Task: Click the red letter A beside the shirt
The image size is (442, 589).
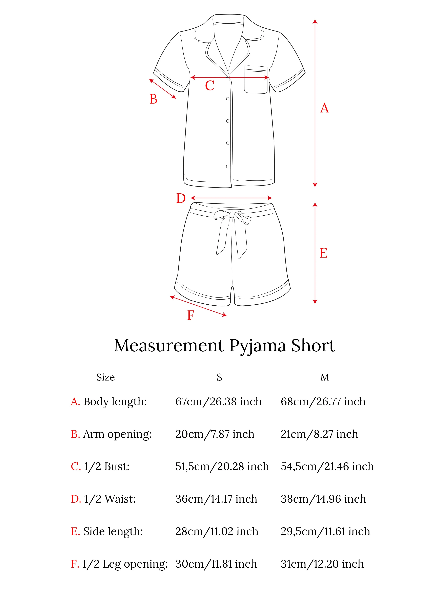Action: click(324, 108)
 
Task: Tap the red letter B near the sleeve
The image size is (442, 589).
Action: click(153, 99)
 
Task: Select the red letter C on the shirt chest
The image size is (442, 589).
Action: click(210, 86)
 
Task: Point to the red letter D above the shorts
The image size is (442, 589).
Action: click(181, 199)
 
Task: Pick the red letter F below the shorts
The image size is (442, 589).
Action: click(190, 315)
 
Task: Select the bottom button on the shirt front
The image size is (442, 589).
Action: click(227, 166)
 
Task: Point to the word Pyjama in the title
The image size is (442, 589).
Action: click(257, 346)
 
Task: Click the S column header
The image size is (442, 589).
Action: click(219, 377)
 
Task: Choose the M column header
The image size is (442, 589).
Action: click(324, 377)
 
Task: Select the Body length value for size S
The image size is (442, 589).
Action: click(218, 401)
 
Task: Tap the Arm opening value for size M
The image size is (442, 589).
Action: click(319, 434)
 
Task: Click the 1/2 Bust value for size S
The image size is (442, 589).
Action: click(222, 466)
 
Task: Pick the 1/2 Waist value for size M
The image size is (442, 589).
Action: click(323, 499)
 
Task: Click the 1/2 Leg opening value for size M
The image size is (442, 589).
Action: click(322, 564)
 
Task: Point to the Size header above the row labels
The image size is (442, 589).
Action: click(105, 377)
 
